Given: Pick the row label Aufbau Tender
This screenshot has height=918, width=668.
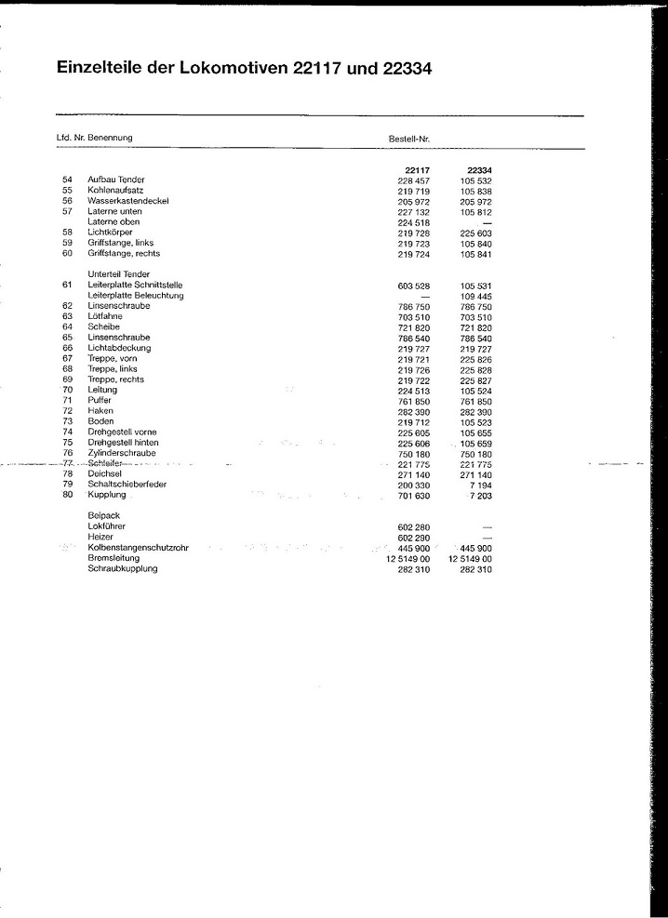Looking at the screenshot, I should [x=115, y=179].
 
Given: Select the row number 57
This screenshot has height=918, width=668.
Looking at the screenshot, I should [x=67, y=211].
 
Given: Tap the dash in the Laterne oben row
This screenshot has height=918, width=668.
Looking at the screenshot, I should [x=486, y=222].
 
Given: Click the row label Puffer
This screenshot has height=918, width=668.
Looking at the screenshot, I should [x=100, y=401].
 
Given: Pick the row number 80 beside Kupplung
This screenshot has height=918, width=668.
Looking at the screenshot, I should [x=67, y=496].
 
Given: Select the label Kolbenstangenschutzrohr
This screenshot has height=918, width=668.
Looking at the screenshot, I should [x=138, y=548].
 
